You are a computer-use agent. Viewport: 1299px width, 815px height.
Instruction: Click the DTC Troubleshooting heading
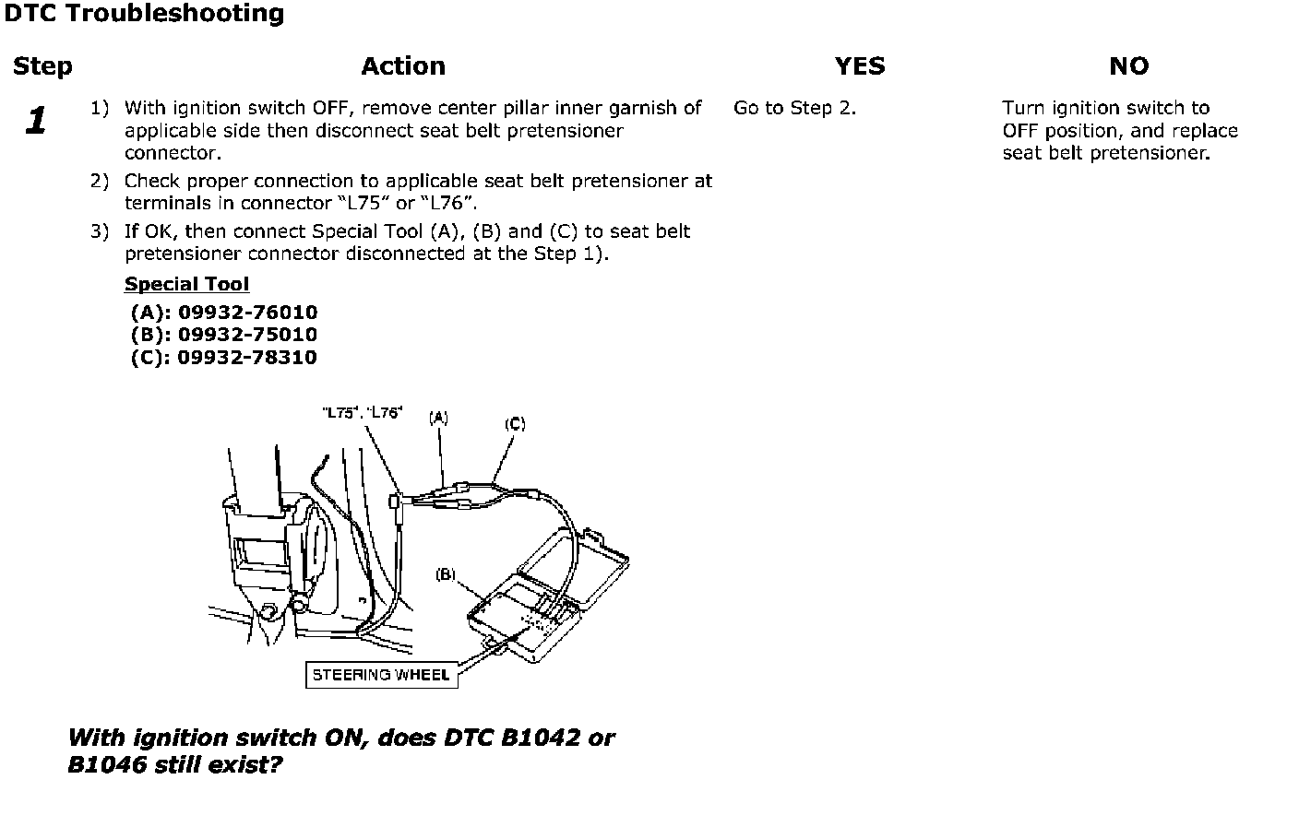point(144,14)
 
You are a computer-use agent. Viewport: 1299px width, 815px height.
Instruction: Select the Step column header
point(42,66)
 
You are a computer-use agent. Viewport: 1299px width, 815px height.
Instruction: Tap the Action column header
point(403,66)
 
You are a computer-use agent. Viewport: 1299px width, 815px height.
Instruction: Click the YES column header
point(859,66)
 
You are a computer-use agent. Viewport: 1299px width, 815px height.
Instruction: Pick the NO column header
point(1128,66)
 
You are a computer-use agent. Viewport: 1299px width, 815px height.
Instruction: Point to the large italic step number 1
point(36,121)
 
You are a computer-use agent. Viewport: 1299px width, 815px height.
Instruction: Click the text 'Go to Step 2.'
point(794,108)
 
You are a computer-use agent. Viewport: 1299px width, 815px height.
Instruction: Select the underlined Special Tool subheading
point(186,284)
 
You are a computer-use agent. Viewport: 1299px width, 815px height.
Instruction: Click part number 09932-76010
point(247,313)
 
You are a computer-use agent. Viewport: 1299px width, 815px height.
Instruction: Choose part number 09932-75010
point(247,335)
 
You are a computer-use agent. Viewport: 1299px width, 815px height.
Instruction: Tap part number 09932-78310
point(247,358)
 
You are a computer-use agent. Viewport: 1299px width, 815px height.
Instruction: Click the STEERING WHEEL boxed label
point(381,675)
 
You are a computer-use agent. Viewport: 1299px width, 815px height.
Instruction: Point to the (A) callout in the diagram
point(438,418)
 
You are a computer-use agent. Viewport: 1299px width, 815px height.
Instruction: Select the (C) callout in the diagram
point(515,424)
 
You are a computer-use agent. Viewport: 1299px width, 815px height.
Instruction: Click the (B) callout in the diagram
point(446,574)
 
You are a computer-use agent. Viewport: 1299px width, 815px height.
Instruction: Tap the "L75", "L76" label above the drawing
point(362,413)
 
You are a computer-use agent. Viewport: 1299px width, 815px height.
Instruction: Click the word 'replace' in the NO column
point(1205,131)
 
